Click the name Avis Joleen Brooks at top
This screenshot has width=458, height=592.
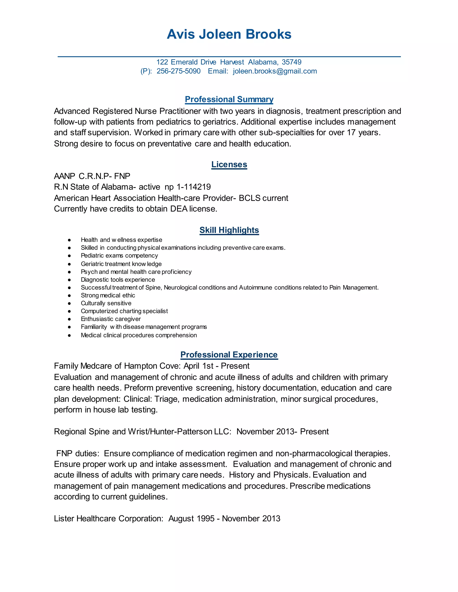click(x=229, y=34)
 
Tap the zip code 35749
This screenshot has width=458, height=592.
click(x=291, y=62)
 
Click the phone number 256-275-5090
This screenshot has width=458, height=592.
click(x=178, y=71)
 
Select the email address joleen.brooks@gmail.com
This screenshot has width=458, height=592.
click(x=275, y=71)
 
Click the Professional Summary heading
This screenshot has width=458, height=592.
click(x=229, y=99)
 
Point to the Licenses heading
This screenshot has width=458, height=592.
click(x=229, y=165)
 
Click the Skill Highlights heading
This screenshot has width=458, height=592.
click(x=229, y=230)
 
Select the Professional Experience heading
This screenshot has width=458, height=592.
click(x=229, y=355)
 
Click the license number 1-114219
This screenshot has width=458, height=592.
click(x=193, y=187)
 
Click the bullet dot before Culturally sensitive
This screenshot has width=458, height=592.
click(x=70, y=304)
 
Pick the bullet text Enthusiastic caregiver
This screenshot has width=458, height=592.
click(x=111, y=319)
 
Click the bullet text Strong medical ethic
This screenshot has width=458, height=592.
click(x=108, y=296)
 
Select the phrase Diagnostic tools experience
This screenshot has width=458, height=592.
click(x=118, y=280)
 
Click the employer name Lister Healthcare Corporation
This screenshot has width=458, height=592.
click(x=108, y=519)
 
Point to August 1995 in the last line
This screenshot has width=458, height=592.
click(x=191, y=519)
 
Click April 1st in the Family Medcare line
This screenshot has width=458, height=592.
click(x=199, y=366)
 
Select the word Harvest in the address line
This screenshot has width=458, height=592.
click(x=232, y=62)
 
